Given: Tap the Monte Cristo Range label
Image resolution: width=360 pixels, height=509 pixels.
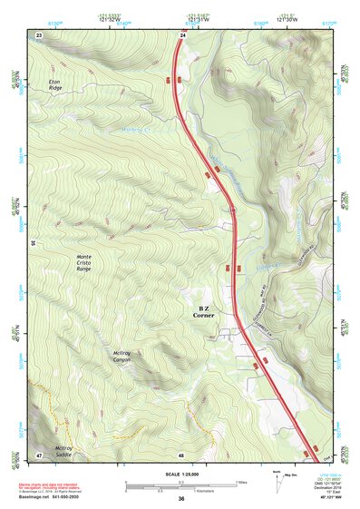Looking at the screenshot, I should point(83,264).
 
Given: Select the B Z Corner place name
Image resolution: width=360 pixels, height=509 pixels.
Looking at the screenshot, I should point(203,311).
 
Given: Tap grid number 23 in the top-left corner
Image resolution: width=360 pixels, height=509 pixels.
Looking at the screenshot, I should point(39,34).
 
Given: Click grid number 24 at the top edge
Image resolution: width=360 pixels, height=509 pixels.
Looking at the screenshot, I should point(182,34).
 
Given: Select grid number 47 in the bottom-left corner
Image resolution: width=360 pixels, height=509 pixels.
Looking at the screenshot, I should point(39,453).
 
